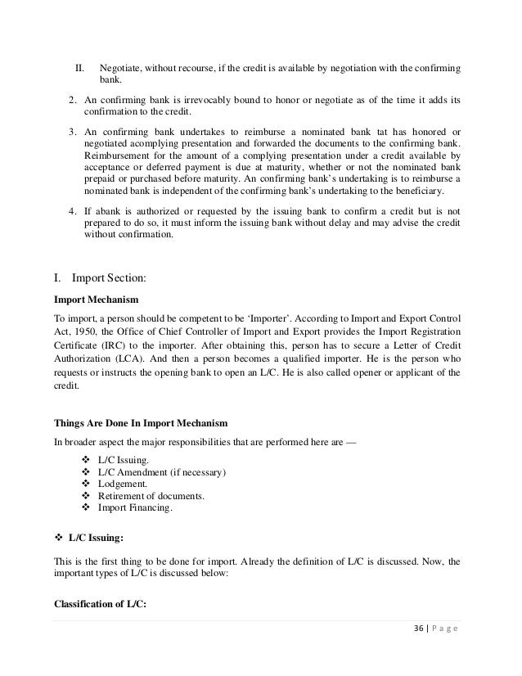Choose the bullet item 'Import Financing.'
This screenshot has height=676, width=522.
[135, 507]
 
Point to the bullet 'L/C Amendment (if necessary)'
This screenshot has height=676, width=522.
[161, 472]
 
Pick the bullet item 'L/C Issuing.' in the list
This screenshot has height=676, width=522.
[123, 461]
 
